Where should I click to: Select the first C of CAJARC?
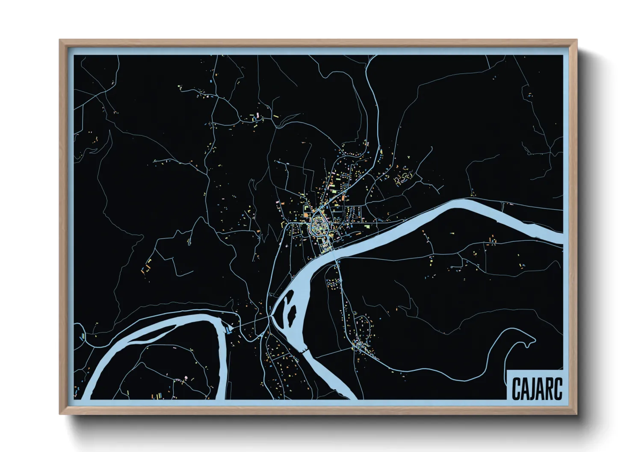click(516, 388)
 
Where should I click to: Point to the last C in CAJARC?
click(558, 388)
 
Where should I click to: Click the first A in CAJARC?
click(524, 388)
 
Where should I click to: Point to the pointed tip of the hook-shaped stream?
click(535, 340)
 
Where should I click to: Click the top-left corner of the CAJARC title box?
click(506, 369)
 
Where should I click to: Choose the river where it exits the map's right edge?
click(561, 239)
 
